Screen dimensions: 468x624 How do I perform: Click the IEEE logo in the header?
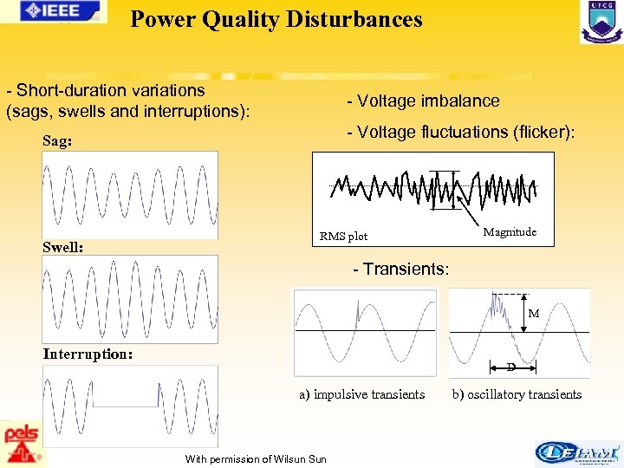tap(55, 10)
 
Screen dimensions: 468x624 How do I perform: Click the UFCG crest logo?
tap(601, 22)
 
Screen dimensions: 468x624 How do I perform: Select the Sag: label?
tap(58, 140)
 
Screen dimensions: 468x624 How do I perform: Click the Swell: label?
tap(62, 247)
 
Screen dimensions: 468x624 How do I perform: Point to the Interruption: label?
tap(88, 354)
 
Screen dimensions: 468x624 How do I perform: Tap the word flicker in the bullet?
tap(541, 132)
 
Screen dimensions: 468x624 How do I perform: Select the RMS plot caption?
tap(343, 236)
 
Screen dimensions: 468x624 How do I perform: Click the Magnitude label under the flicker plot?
tap(510, 231)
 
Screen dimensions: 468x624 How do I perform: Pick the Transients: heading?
tap(406, 269)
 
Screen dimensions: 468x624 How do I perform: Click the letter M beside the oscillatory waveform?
tap(534, 313)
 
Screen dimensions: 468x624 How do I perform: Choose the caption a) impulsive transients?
tap(361, 394)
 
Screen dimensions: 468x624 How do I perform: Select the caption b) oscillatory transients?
tap(517, 394)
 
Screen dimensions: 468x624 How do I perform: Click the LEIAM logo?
tap(578, 452)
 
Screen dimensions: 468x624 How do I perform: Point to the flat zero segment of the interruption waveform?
tap(125, 406)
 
